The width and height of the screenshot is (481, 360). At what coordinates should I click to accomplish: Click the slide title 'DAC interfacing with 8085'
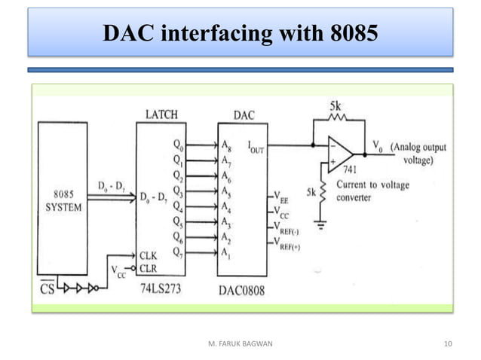pyautogui.click(x=240, y=33)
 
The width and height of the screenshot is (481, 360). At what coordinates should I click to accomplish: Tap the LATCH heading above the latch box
pyautogui.click(x=161, y=115)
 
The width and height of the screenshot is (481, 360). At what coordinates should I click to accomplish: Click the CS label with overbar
pyautogui.click(x=47, y=288)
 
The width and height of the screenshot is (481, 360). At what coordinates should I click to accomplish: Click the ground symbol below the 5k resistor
pyautogui.click(x=322, y=224)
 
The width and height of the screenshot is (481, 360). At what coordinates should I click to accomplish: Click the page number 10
pyautogui.click(x=449, y=344)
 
